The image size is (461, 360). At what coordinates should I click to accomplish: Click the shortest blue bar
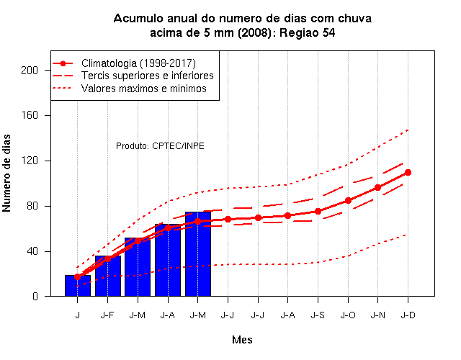78,286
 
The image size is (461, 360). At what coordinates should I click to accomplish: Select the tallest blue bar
198,254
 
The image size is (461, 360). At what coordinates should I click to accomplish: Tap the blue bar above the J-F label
108,276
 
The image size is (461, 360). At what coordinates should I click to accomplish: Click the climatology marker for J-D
408,173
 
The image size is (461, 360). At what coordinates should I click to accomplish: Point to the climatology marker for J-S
318,211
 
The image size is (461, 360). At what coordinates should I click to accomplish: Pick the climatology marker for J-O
348,201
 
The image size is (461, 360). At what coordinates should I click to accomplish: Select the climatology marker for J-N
377,187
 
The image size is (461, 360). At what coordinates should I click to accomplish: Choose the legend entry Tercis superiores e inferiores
133,76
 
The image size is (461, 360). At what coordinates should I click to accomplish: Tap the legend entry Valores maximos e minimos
130,89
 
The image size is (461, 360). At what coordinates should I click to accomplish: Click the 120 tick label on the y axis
30,161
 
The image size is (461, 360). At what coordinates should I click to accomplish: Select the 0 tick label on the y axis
35,296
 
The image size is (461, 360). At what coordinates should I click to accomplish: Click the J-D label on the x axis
408,315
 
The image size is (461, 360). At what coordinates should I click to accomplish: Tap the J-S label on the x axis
318,315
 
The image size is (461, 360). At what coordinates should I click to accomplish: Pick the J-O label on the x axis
348,315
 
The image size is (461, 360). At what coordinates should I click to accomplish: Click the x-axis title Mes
242,340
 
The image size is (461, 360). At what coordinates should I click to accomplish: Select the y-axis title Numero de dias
6,173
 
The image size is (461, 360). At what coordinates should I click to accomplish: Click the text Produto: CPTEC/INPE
160,146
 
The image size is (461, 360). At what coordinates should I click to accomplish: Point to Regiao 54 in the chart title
308,32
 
